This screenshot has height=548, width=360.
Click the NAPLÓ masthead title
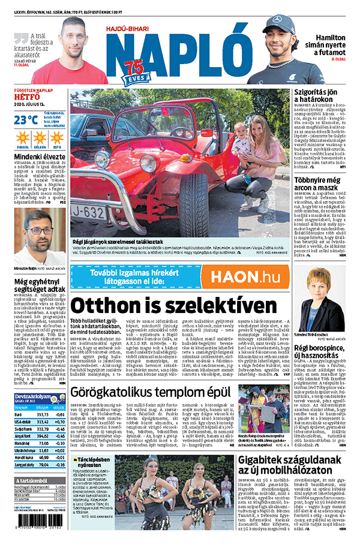[x=180, y=51]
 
